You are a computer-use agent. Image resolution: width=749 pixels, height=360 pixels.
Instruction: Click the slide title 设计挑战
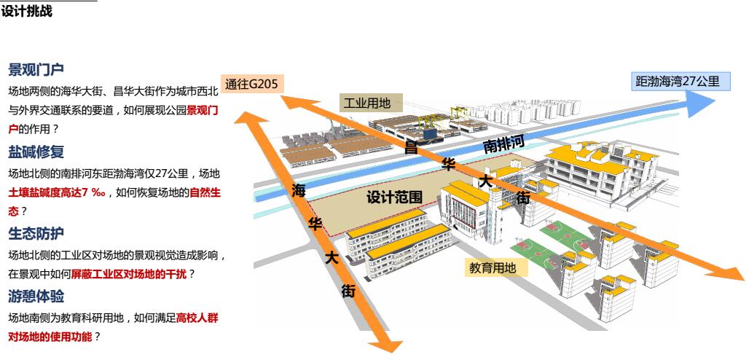27,12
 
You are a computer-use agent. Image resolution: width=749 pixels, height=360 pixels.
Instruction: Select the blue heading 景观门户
36,70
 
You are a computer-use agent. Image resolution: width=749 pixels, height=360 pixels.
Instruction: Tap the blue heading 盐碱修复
36,152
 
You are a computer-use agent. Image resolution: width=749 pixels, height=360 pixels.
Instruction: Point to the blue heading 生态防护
36,234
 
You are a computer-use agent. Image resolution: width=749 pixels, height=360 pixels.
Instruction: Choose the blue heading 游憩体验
36,297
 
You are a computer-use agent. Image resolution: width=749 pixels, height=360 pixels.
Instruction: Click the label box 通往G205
251,84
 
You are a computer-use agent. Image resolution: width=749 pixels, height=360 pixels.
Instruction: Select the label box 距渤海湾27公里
678,82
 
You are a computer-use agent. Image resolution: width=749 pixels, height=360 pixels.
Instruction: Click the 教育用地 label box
492,268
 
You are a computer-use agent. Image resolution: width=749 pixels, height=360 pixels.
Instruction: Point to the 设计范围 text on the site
394,197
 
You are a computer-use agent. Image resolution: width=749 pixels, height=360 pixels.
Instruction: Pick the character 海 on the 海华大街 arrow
299,192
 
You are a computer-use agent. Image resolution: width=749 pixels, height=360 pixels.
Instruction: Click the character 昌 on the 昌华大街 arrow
411,148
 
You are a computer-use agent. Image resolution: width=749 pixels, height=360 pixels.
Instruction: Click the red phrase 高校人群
197,318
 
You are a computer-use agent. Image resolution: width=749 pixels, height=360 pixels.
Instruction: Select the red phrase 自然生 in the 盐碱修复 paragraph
205,193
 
